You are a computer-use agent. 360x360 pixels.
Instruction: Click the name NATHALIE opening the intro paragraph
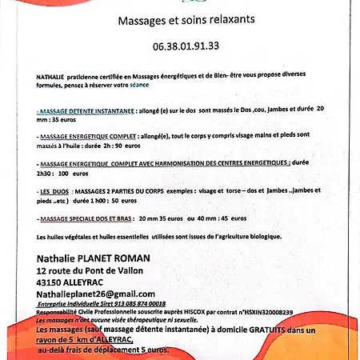(x=50, y=71)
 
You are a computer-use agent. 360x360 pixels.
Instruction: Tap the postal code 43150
(x=53, y=282)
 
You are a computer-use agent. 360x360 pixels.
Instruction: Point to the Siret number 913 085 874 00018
(x=130, y=304)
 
